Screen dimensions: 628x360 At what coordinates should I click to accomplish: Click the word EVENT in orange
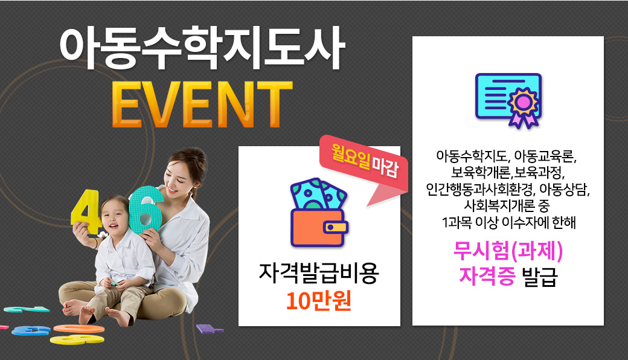202,104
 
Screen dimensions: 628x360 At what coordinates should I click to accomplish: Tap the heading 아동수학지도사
202,48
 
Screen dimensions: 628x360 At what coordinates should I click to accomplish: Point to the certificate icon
508,100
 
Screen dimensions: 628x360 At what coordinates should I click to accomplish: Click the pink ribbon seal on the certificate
524,108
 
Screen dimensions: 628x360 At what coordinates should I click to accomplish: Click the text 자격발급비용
319,273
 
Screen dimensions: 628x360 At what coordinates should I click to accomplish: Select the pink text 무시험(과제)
508,251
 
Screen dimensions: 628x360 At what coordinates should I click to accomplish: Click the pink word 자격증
487,276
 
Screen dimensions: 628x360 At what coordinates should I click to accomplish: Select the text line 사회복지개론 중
507,205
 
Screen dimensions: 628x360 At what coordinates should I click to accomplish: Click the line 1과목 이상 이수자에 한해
508,222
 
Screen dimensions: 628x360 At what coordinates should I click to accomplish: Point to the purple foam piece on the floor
209,329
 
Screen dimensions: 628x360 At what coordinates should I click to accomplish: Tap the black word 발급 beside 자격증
539,276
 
